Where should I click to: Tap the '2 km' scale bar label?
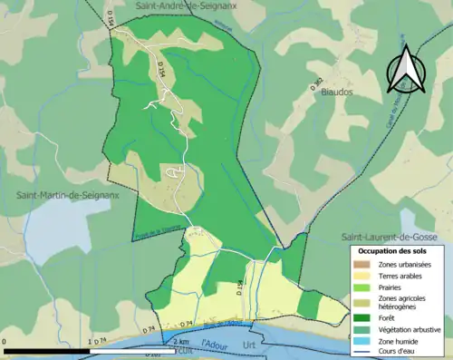pyautogui.click(x=181, y=342)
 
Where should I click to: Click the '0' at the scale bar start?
pyautogui.click(x=5, y=342)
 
